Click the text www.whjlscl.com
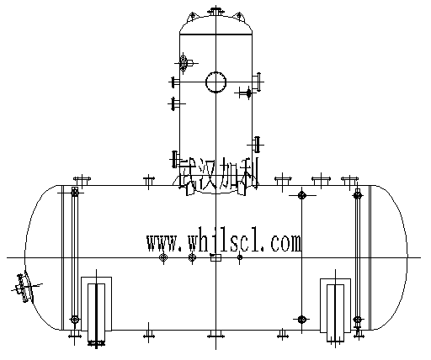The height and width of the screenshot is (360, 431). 223,243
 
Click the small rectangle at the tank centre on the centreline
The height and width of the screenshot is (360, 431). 215,257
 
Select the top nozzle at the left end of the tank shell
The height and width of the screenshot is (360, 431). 82,181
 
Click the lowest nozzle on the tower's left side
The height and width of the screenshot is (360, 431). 175,158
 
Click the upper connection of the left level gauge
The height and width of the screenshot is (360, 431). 75,194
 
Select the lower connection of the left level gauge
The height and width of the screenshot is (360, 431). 75,320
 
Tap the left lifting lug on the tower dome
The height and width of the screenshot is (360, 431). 193,16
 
